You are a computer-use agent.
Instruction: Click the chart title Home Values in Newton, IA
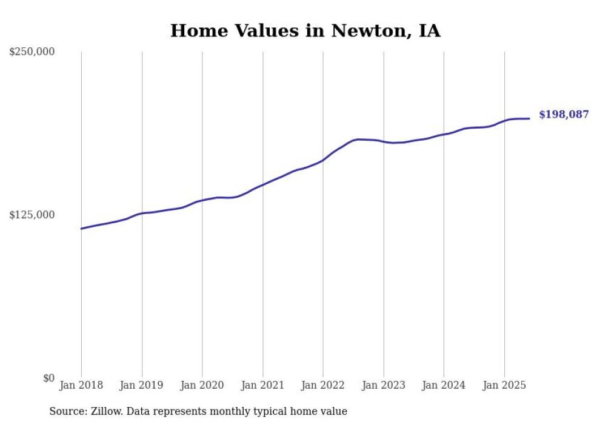pyautogui.click(x=305, y=31)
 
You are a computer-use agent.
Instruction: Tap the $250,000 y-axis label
pyautogui.click(x=32, y=52)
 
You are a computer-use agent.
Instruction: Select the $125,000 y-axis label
pyautogui.click(x=32, y=215)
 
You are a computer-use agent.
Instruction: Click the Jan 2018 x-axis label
pyautogui.click(x=81, y=385)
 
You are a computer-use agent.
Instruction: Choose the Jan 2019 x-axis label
pyautogui.click(x=142, y=385)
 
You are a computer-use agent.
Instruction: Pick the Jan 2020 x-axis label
pyautogui.click(x=202, y=385)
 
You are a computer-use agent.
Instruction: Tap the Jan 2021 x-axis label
pyautogui.click(x=262, y=385)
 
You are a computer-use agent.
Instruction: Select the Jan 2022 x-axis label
pyautogui.click(x=323, y=385)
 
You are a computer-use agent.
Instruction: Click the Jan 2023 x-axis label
pyautogui.click(x=384, y=385)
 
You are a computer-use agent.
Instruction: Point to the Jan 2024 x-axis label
pyautogui.click(x=444, y=385)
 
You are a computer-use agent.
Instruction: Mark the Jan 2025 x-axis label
pyautogui.click(x=504, y=385)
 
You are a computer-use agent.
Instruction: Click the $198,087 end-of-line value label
pyautogui.click(x=564, y=115)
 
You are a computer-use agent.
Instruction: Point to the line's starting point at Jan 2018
pyautogui.click(x=81, y=229)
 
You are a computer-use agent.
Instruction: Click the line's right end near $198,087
pyautogui.click(x=530, y=118)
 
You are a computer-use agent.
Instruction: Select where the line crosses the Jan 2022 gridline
pyautogui.click(x=323, y=160)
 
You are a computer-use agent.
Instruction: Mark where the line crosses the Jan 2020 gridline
pyautogui.click(x=202, y=200)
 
